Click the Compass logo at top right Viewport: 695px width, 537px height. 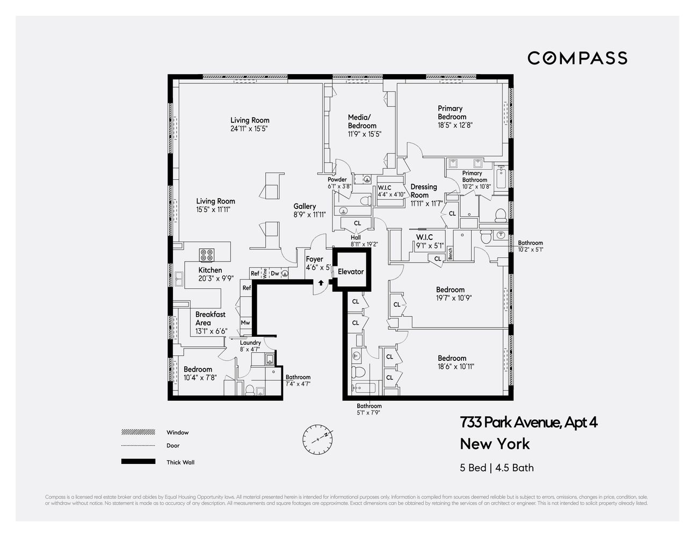577,58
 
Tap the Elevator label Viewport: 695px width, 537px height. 351,272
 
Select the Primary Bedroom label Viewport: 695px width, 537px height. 451,113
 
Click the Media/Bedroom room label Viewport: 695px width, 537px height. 362,121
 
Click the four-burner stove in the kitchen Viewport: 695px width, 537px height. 207,254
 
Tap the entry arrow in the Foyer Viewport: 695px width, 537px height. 321,282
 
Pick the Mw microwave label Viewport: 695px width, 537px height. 245,323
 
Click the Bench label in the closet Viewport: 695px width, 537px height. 450,253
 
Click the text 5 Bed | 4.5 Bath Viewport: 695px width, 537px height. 497,468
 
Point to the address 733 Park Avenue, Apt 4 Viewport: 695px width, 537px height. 529,423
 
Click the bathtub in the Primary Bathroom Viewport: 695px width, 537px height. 501,178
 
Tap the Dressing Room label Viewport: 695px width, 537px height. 423,191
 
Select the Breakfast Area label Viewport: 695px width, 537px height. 210,318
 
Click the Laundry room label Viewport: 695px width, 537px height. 250,343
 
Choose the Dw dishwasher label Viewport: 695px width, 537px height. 274,273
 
